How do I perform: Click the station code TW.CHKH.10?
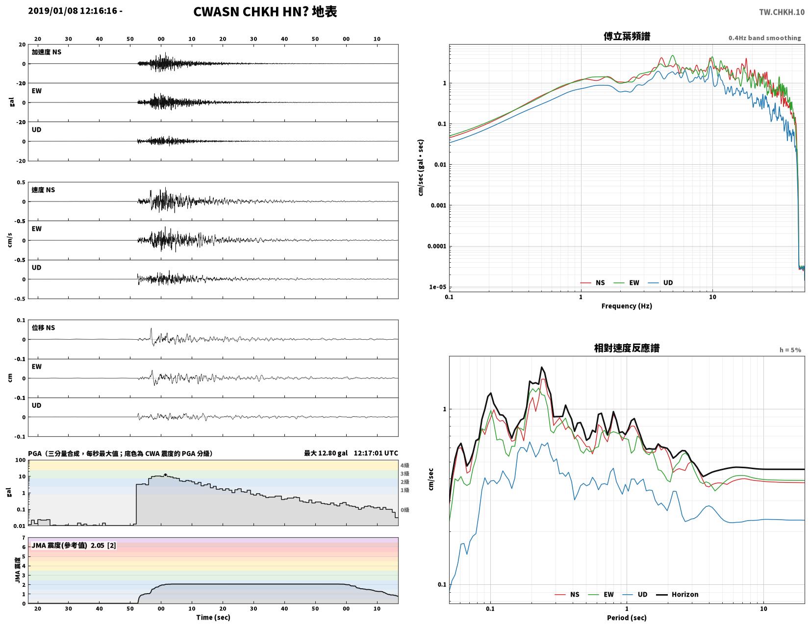pyautogui.click(x=781, y=12)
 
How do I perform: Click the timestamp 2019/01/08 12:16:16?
pyautogui.click(x=72, y=11)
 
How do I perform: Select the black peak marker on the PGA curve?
pyautogui.click(x=165, y=475)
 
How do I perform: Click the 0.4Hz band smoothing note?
pyautogui.click(x=764, y=38)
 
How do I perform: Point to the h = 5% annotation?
pyautogui.click(x=790, y=350)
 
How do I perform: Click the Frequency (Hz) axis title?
pyautogui.click(x=626, y=306)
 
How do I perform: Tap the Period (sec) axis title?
pyautogui.click(x=626, y=618)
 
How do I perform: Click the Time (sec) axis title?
pyautogui.click(x=213, y=617)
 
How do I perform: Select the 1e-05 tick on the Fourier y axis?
pyautogui.click(x=437, y=287)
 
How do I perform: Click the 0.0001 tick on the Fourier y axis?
pyautogui.click(x=436, y=246)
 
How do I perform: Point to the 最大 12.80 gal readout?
pyautogui.click(x=326, y=453)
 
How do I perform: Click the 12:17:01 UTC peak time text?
pyautogui.click(x=376, y=453)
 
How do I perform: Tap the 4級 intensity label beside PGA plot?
pyautogui.click(x=405, y=465)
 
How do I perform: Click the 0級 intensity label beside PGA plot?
pyautogui.click(x=405, y=510)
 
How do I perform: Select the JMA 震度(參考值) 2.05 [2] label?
pyautogui.click(x=74, y=546)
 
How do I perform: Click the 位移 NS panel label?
pyautogui.click(x=43, y=328)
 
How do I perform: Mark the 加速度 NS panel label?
pyautogui.click(x=46, y=52)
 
